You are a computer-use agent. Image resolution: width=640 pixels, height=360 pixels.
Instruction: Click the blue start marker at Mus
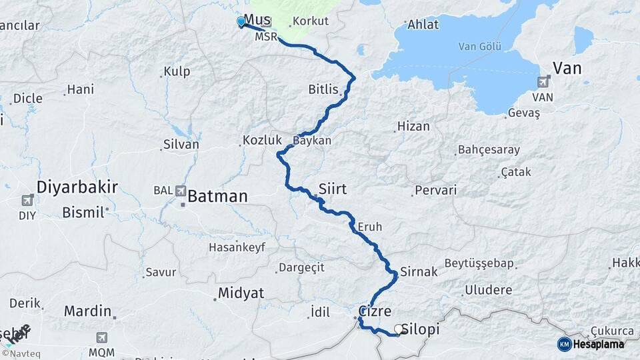(241, 21)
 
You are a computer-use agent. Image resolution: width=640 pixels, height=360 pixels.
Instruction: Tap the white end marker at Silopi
(399, 329)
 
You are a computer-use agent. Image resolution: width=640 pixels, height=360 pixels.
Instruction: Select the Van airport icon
(543, 82)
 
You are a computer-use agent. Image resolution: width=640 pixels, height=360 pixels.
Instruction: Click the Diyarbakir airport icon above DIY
(27, 200)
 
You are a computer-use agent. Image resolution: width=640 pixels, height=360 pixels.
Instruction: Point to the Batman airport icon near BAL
(180, 191)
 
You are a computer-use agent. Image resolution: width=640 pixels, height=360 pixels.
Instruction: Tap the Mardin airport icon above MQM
(101, 338)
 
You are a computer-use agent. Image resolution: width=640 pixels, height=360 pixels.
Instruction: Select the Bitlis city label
(324, 89)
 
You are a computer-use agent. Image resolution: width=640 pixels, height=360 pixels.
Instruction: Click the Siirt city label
(333, 189)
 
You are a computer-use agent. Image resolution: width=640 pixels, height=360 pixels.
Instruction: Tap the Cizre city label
(374, 311)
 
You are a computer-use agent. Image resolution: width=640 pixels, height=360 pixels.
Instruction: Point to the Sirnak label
(419, 271)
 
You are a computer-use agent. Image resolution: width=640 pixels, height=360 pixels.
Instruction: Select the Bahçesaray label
(490, 150)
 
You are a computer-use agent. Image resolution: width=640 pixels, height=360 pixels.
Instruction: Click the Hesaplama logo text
(598, 344)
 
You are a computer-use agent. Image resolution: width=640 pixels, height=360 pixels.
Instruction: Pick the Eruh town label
(370, 227)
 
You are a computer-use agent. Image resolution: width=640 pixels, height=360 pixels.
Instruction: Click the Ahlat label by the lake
(425, 25)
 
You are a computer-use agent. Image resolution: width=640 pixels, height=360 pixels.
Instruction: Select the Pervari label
(435, 190)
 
